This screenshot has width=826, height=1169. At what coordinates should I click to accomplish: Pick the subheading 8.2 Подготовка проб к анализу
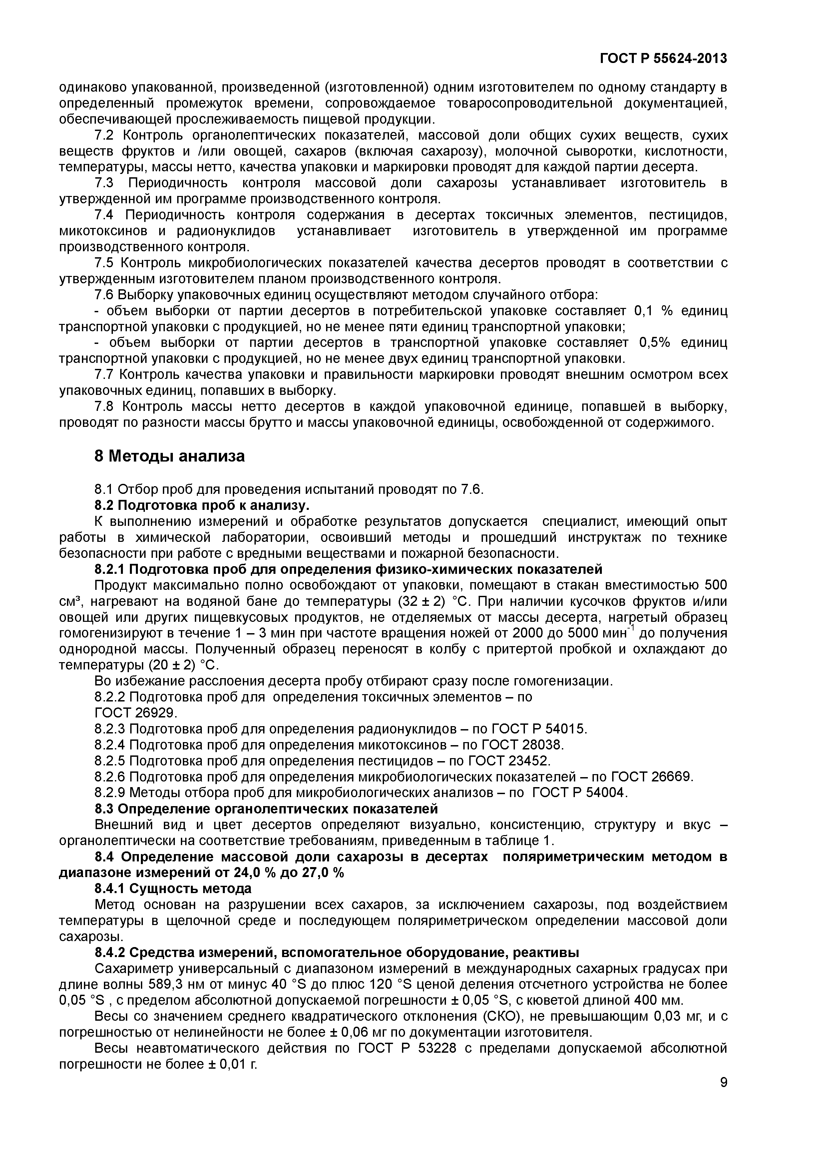202,505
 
